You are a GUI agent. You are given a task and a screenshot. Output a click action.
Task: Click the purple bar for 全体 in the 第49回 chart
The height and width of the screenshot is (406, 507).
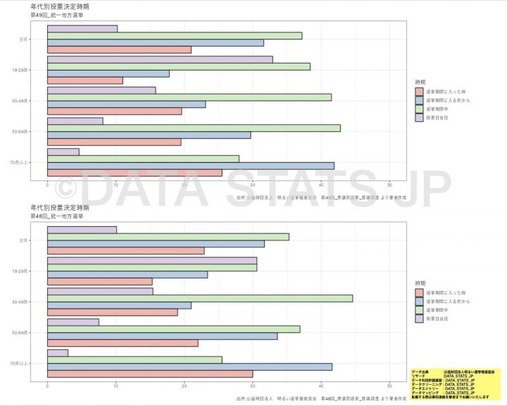click(82, 29)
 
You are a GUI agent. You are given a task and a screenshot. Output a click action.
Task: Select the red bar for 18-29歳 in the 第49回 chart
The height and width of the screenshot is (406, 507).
click(85, 80)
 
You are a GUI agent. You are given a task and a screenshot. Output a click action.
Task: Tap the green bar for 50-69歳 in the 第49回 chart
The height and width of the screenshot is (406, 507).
click(194, 128)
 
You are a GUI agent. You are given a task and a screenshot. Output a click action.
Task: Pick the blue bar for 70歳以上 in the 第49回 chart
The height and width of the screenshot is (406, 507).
click(191, 166)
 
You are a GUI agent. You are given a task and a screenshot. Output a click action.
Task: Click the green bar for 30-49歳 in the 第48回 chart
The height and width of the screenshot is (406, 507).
click(200, 298)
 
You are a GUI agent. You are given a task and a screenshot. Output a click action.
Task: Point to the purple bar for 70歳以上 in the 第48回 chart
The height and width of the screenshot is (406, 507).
click(58, 352)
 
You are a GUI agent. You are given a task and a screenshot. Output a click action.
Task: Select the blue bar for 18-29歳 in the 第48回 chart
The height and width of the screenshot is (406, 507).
click(127, 275)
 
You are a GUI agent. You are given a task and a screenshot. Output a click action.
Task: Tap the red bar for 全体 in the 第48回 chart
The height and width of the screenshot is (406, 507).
click(125, 250)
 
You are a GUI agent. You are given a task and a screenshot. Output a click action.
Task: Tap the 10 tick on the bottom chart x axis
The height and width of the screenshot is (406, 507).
click(115, 386)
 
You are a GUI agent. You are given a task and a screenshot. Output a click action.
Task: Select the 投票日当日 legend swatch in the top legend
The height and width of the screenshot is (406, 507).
click(419, 118)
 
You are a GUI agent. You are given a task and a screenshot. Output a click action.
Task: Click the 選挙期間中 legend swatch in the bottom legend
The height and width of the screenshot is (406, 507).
click(419, 309)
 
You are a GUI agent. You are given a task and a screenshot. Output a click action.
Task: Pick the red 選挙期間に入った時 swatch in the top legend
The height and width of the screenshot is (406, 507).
click(419, 92)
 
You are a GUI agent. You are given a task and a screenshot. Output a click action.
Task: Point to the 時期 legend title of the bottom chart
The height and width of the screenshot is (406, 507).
click(420, 281)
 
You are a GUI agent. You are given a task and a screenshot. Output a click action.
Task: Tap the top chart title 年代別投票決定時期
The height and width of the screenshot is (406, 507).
click(60, 6)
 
